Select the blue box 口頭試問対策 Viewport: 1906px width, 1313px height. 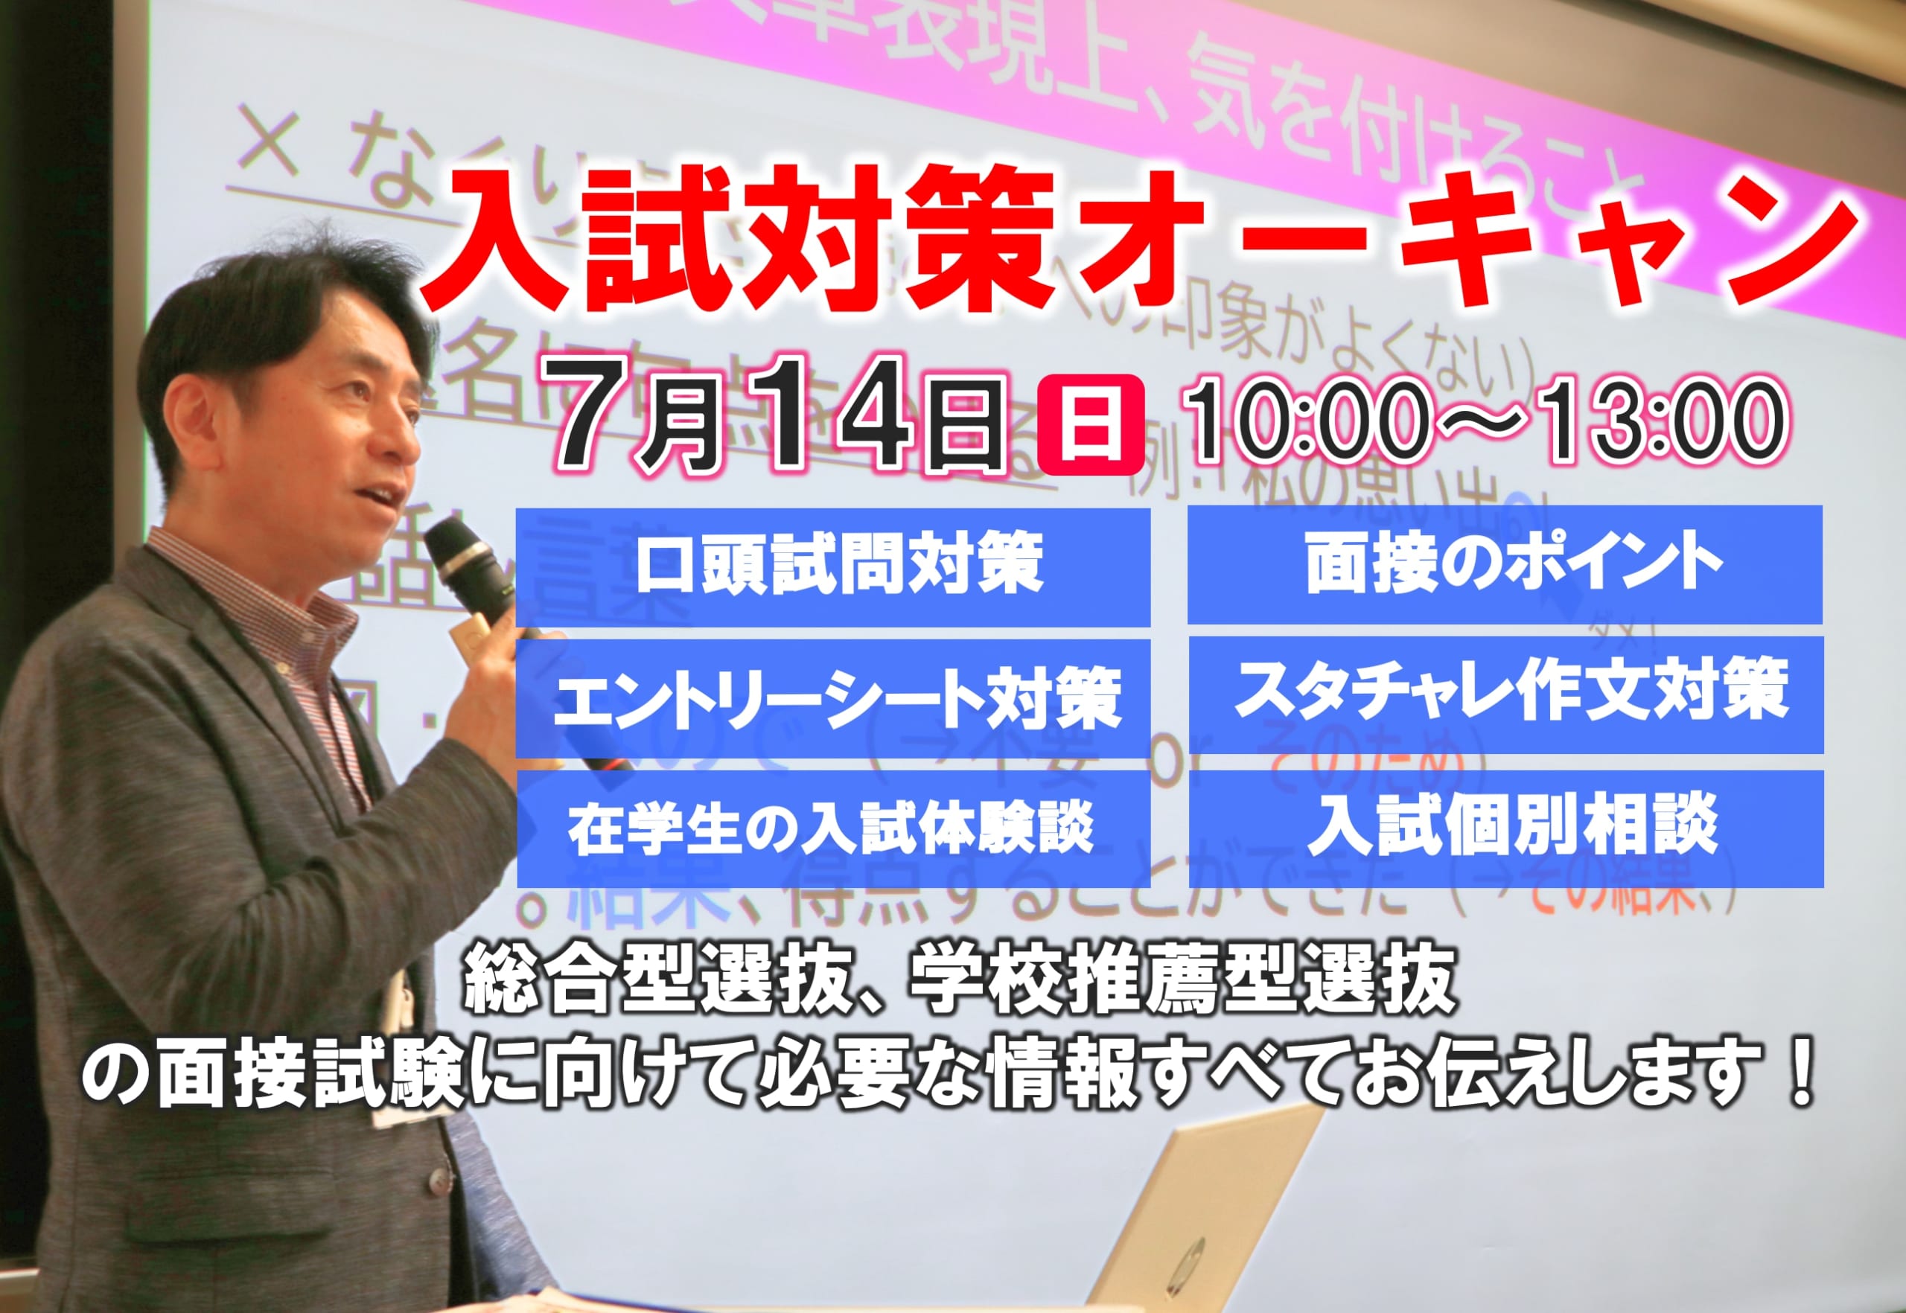coord(833,566)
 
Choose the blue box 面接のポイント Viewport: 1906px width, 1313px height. coord(1505,564)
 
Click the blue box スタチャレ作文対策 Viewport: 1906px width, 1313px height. coord(1506,694)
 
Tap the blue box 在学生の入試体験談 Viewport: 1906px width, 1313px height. coord(833,828)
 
